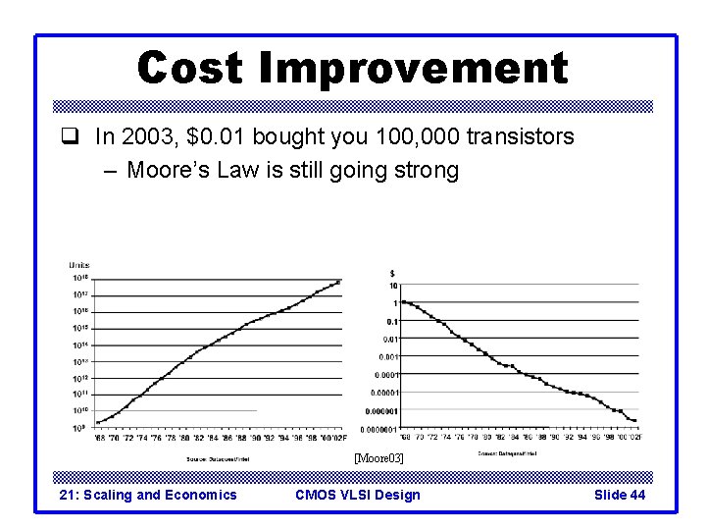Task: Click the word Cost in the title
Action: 191,69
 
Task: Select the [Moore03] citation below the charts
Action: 378,458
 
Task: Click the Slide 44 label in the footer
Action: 620,495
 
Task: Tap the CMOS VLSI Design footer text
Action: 357,495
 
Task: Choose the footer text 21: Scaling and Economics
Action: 148,495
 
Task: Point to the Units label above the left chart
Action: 79,265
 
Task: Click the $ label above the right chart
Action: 393,273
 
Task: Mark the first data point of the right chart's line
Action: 403,302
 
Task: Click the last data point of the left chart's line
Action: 338,282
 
